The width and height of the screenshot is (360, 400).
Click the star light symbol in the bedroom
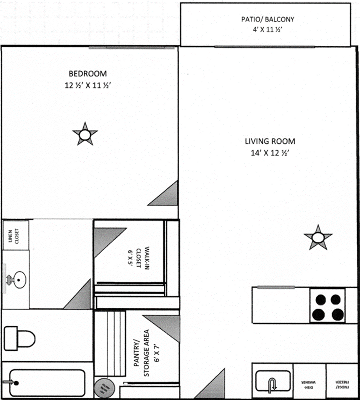tap(85, 135)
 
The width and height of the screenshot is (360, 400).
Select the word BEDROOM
tap(87, 74)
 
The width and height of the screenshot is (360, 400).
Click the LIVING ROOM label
tap(270, 141)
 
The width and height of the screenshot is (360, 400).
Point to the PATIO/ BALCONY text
tap(267, 19)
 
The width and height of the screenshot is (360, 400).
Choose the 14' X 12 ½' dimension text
tap(270, 153)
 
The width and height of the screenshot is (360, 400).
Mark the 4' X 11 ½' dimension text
tap(267, 30)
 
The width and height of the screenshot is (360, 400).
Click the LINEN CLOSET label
tap(15, 235)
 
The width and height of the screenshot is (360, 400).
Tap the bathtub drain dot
tap(16, 382)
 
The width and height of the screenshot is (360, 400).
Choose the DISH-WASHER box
tap(310, 381)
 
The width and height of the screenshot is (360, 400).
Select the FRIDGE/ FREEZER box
tap(342, 381)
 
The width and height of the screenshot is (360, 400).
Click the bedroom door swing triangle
tap(164, 194)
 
